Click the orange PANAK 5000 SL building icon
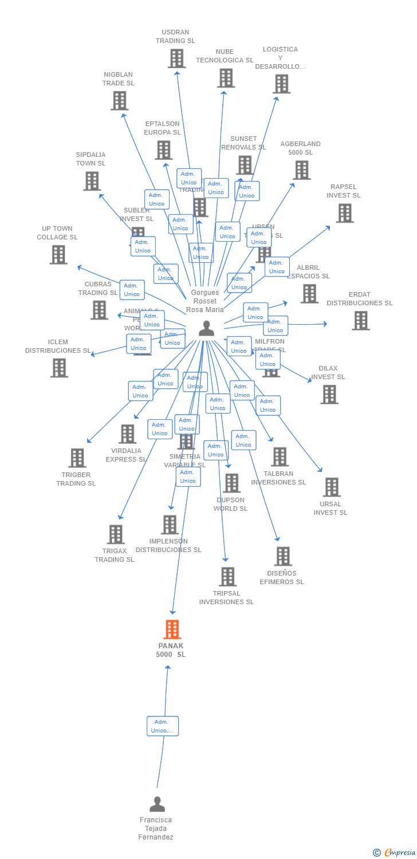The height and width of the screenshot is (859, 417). [172, 629]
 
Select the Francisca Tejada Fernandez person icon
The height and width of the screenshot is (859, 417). [157, 805]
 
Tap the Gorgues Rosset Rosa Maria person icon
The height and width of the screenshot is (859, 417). [206, 328]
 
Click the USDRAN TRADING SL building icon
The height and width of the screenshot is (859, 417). [176, 58]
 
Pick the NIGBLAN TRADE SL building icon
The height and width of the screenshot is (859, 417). [119, 101]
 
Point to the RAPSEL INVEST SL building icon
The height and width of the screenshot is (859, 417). [344, 213]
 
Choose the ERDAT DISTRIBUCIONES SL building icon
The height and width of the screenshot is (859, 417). [360, 321]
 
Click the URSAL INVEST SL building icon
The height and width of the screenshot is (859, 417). [331, 487]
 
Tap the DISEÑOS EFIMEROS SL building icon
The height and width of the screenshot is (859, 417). [282, 556]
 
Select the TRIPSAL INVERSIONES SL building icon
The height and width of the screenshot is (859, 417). [227, 577]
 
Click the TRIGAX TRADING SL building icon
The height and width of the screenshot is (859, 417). [116, 534]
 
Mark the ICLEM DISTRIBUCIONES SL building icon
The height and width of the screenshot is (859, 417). [59, 368]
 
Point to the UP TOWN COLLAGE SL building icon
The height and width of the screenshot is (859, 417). [58, 255]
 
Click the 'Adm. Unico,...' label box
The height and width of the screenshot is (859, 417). [163, 726]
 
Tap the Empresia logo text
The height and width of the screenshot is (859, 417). [399, 853]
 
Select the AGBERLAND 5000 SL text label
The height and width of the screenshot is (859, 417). [300, 148]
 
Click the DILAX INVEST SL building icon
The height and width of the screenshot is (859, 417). [329, 394]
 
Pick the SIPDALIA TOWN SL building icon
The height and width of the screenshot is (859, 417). [92, 181]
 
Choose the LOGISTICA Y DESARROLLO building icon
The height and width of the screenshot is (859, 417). [281, 84]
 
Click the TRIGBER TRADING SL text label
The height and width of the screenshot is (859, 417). [76, 479]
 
